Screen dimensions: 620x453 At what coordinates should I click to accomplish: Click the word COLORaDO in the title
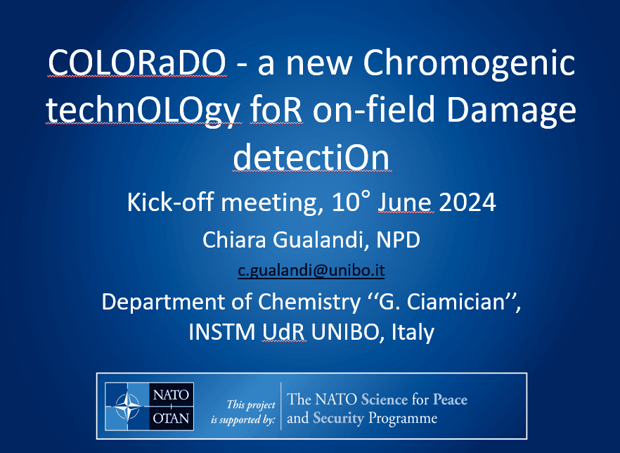tap(137, 63)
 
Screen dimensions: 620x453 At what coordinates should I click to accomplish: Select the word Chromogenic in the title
tap(469, 63)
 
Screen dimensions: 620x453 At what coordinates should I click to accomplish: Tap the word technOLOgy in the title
tap(143, 110)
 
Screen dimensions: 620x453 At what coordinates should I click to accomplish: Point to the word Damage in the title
tap(511, 110)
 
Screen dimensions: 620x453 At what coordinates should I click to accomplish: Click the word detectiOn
tap(311, 157)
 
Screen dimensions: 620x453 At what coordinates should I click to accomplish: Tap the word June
tap(406, 202)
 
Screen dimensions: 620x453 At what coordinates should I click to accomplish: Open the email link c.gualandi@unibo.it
tap(311, 271)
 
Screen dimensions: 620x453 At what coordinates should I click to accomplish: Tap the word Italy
tap(413, 332)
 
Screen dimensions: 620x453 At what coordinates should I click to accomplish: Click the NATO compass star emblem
tap(127, 407)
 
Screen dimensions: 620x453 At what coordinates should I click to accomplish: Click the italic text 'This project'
tap(251, 404)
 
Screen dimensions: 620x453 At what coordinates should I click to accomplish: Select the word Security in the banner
tap(338, 419)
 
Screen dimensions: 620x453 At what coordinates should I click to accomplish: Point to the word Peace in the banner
tap(450, 400)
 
